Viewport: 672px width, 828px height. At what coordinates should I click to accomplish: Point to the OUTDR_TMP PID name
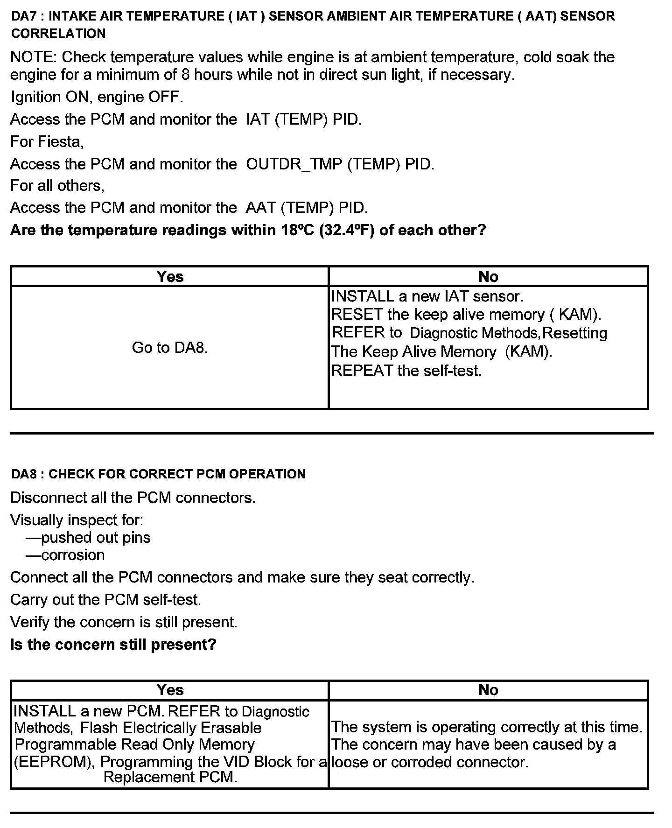click(294, 164)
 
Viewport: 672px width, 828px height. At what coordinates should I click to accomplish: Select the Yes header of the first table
click(170, 277)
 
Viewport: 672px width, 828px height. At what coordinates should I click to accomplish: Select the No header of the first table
click(488, 277)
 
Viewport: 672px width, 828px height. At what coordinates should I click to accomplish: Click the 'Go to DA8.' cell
click(170, 348)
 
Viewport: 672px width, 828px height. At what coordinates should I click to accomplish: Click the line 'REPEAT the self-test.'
click(406, 371)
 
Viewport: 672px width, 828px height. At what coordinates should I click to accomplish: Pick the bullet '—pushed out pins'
click(88, 538)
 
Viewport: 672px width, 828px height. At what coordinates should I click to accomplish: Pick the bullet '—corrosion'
click(65, 555)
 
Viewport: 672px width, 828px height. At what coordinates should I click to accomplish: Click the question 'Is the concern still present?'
click(113, 645)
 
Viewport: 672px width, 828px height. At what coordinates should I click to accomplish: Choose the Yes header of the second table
click(170, 690)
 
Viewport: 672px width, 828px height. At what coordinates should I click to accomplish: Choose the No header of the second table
click(488, 690)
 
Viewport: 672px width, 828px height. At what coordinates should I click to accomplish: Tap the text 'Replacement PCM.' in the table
click(170, 777)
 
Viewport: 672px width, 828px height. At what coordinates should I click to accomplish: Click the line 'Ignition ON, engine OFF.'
click(97, 97)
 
